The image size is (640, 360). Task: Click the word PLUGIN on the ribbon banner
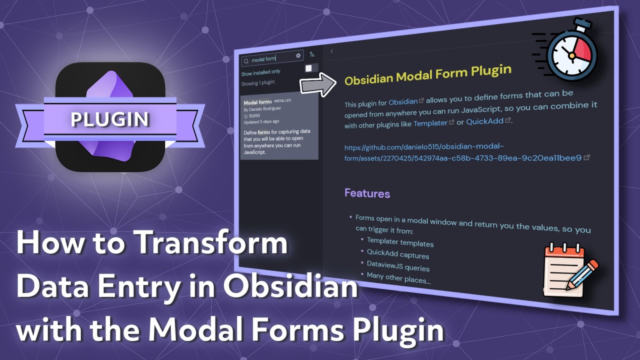(x=109, y=119)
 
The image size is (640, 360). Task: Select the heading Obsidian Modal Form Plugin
(x=427, y=74)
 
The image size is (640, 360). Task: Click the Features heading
(x=367, y=193)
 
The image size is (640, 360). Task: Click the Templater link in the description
(x=430, y=122)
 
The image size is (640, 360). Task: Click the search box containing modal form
(x=270, y=59)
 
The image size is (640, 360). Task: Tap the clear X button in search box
(x=298, y=55)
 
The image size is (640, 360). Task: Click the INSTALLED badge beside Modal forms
(x=282, y=100)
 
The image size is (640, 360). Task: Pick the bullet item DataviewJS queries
(x=398, y=266)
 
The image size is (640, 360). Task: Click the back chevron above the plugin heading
(x=331, y=51)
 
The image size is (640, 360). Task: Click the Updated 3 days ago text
(x=261, y=121)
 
